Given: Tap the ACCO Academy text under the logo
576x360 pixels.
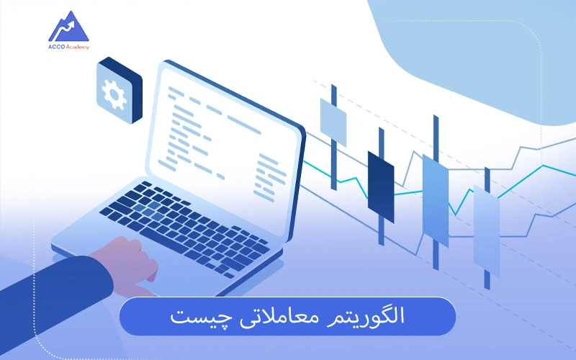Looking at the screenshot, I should [x=70, y=47].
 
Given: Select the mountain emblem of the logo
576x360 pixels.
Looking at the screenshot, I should [x=69, y=27].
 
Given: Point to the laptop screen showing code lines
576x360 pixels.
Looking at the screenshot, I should [x=223, y=130].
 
